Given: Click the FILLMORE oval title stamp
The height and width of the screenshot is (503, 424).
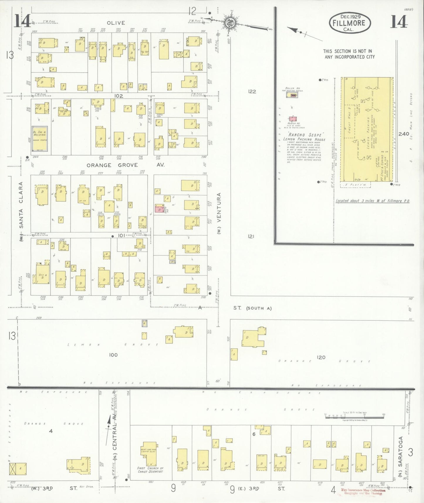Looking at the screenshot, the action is [x=350, y=23].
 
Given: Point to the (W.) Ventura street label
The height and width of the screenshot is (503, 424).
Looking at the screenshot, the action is [x=219, y=213].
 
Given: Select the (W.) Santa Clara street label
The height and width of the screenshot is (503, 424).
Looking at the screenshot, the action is [x=21, y=211].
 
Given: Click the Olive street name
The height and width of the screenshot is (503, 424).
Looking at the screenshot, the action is [x=116, y=23].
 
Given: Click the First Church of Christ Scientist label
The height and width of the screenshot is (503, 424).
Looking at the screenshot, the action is [x=150, y=470].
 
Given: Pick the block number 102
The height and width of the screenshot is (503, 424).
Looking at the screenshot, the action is [x=119, y=96].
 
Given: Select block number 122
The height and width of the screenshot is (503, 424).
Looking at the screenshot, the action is [x=252, y=92].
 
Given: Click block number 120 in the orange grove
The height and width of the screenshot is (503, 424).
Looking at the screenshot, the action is [x=321, y=357].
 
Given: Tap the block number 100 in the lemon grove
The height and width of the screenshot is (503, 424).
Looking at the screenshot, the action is [x=113, y=355].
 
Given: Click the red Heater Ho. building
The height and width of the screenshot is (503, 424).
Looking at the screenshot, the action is [x=293, y=119].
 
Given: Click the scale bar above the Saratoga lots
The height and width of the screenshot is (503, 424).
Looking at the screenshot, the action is [x=354, y=417].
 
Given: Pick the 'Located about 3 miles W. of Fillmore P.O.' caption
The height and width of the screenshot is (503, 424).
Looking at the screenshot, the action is [x=373, y=201].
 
